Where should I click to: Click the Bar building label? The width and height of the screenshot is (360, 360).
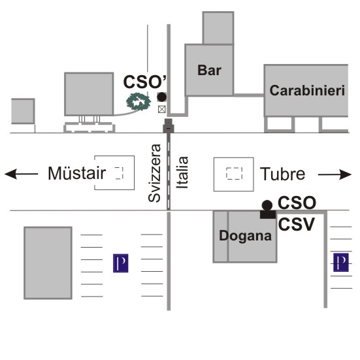coord(209,71)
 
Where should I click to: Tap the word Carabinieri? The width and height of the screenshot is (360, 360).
coord(307,90)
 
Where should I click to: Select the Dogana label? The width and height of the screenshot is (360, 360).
coord(245,236)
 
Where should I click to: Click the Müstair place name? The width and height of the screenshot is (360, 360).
coord(76,173)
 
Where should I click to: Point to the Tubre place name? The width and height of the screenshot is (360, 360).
coord(282,174)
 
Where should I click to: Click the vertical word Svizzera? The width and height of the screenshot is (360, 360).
coord(154,173)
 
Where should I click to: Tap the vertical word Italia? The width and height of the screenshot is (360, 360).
coord(182,172)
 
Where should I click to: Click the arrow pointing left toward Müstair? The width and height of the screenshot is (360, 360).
coord(21,174)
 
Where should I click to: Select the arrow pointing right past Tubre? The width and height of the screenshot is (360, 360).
coord(335,174)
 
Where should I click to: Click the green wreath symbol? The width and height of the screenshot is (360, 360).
coord(139,101)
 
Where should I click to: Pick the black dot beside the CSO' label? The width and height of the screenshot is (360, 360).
coord(162,97)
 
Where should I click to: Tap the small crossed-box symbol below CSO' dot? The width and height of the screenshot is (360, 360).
coord(162,109)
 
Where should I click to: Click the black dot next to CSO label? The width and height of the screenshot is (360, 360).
coord(267,205)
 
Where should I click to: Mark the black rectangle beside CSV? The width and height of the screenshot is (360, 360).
coord(268,214)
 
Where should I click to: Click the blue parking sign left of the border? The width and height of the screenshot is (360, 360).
coord(121,263)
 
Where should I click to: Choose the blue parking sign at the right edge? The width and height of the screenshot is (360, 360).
coord(341,263)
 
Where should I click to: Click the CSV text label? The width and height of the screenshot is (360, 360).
coord(296,224)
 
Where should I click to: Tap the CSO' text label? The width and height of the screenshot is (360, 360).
coord(144,82)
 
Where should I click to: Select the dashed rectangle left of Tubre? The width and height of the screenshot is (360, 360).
coord(234,173)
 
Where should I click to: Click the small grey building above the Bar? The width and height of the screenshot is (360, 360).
coord(218,28)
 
